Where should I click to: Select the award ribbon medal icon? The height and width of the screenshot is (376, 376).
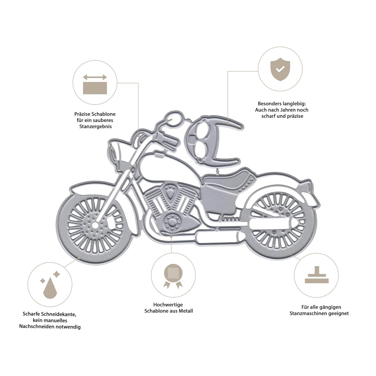(x=173, y=276)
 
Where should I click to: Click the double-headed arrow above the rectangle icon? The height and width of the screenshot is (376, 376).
(x=95, y=77)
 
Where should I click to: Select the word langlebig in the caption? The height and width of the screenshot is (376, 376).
(x=294, y=104)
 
